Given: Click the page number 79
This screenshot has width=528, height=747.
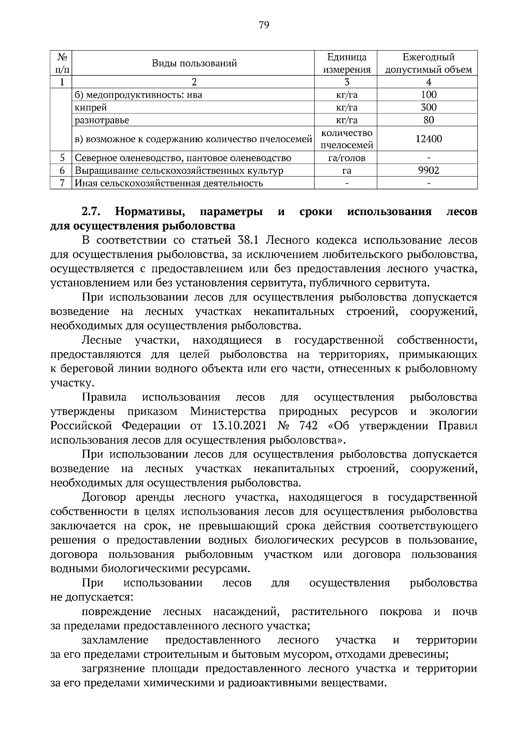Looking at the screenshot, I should coord(264,25).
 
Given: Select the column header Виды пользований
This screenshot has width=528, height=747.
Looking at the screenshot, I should coord(194,63).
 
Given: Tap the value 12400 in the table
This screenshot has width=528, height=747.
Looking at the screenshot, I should coord(428,139).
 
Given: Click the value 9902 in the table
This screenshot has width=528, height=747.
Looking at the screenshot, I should coord(428,170).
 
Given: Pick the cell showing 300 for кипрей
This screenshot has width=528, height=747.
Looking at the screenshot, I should coord(428,107).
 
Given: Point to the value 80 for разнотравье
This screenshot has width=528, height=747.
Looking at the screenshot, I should coord(428,120).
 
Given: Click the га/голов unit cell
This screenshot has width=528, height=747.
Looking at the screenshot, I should coord(346,158).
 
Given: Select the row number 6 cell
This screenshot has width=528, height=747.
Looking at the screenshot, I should coord(62,170).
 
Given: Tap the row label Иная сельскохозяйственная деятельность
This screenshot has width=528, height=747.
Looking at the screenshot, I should coord(169,183).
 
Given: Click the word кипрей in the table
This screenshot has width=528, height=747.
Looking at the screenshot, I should coord(91,107).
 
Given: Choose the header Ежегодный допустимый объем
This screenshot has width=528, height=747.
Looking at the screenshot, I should coord(428,63).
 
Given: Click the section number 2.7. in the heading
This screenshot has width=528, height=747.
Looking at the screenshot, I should coord(92,212).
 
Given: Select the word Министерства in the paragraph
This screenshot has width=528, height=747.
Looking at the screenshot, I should coord(228,411).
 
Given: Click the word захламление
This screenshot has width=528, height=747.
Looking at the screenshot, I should coord(115,640).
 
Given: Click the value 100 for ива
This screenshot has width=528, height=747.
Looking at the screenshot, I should coord(428,95).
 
